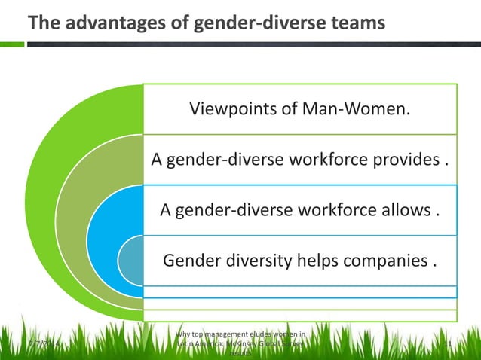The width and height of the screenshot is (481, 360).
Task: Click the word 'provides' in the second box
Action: (x=408, y=160)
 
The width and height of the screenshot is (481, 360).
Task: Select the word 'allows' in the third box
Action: (x=406, y=210)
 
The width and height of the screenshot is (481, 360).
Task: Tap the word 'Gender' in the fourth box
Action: (x=190, y=261)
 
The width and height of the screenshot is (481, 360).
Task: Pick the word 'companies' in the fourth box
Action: (x=386, y=261)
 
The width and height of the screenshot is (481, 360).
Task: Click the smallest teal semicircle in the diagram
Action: (x=132, y=261)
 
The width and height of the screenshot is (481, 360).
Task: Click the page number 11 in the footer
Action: (x=447, y=345)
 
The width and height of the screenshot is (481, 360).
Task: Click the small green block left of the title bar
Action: (x=11, y=44)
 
